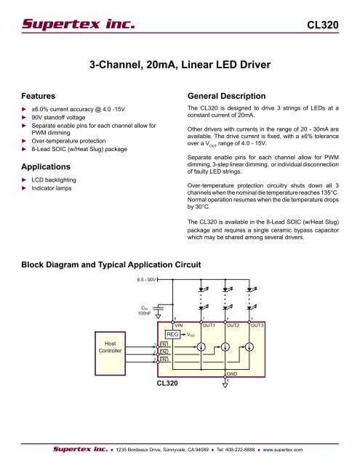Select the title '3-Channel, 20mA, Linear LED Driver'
pos(179,66)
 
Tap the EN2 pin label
pos(165,352)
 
